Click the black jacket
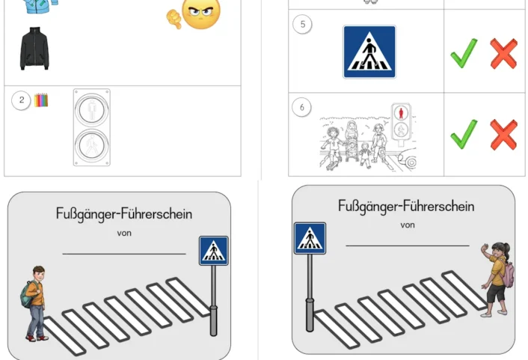[34, 49]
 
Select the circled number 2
[22, 100]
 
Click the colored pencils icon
[40, 100]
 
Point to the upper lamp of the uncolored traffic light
[92, 109]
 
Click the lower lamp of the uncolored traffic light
[92, 141]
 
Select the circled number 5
[302, 25]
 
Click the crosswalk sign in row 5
[369, 52]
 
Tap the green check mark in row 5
[464, 53]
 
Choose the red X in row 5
[503, 53]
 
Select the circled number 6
[302, 107]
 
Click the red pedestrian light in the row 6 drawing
[402, 115]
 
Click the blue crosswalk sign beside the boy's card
[214, 251]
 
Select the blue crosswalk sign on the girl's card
[309, 238]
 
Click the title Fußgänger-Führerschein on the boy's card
[123, 214]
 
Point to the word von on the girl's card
[408, 225]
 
